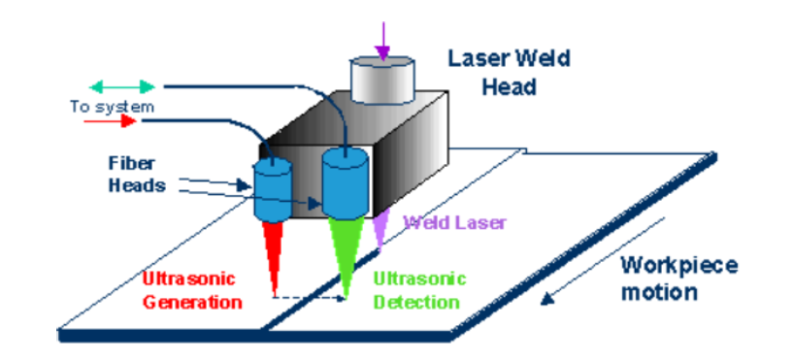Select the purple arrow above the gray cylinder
click(x=385, y=39)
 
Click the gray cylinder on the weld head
click(x=381, y=80)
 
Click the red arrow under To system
click(x=110, y=122)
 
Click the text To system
click(x=111, y=106)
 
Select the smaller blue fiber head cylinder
click(x=273, y=188)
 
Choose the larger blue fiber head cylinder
click(x=344, y=182)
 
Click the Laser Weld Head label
click(x=509, y=72)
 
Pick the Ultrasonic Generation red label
click(x=191, y=291)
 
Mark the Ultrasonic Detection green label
click(x=416, y=291)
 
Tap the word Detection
click(x=416, y=302)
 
